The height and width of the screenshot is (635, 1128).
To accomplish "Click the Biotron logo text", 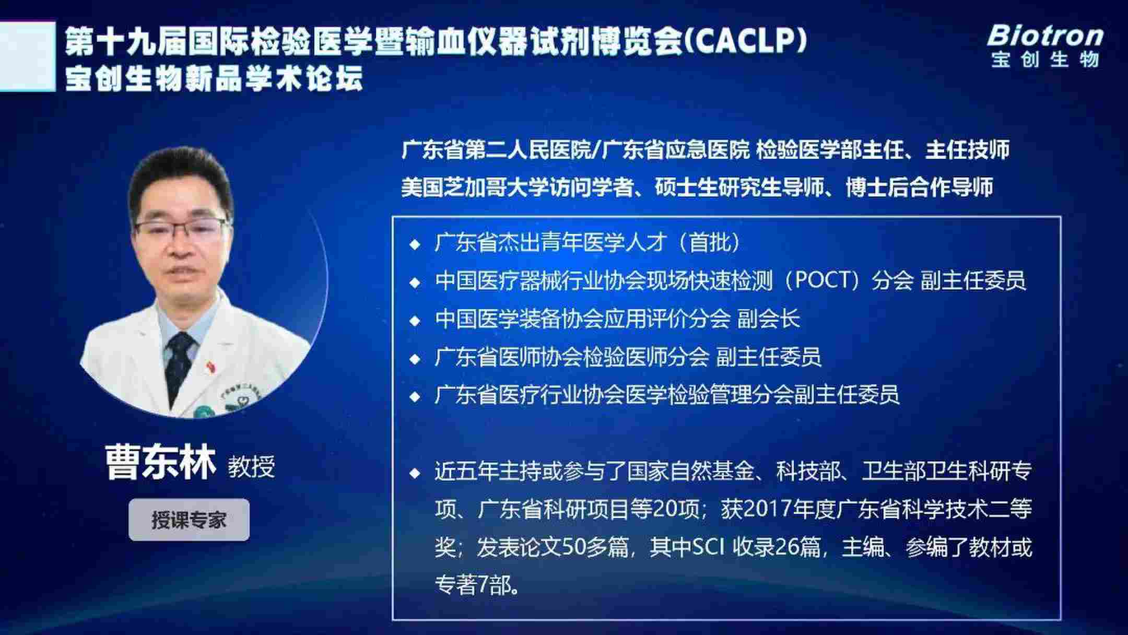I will click(x=1045, y=36).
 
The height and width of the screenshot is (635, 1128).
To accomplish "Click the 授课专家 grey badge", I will click(x=189, y=520).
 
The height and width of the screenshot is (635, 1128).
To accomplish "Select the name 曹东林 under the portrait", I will click(x=160, y=463).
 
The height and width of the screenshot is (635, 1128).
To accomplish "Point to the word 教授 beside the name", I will click(x=251, y=466).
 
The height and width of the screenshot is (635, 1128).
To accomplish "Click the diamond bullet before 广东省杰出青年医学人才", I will click(x=415, y=244).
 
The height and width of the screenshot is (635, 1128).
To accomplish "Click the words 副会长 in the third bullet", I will click(x=768, y=319).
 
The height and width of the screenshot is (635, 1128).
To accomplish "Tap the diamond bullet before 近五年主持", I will click(x=415, y=473).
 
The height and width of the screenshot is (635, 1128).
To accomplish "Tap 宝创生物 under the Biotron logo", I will click(x=1045, y=60).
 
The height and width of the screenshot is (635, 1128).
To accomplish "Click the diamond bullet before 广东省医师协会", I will click(x=415, y=359).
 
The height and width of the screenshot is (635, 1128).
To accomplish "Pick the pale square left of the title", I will click(x=27, y=56).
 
